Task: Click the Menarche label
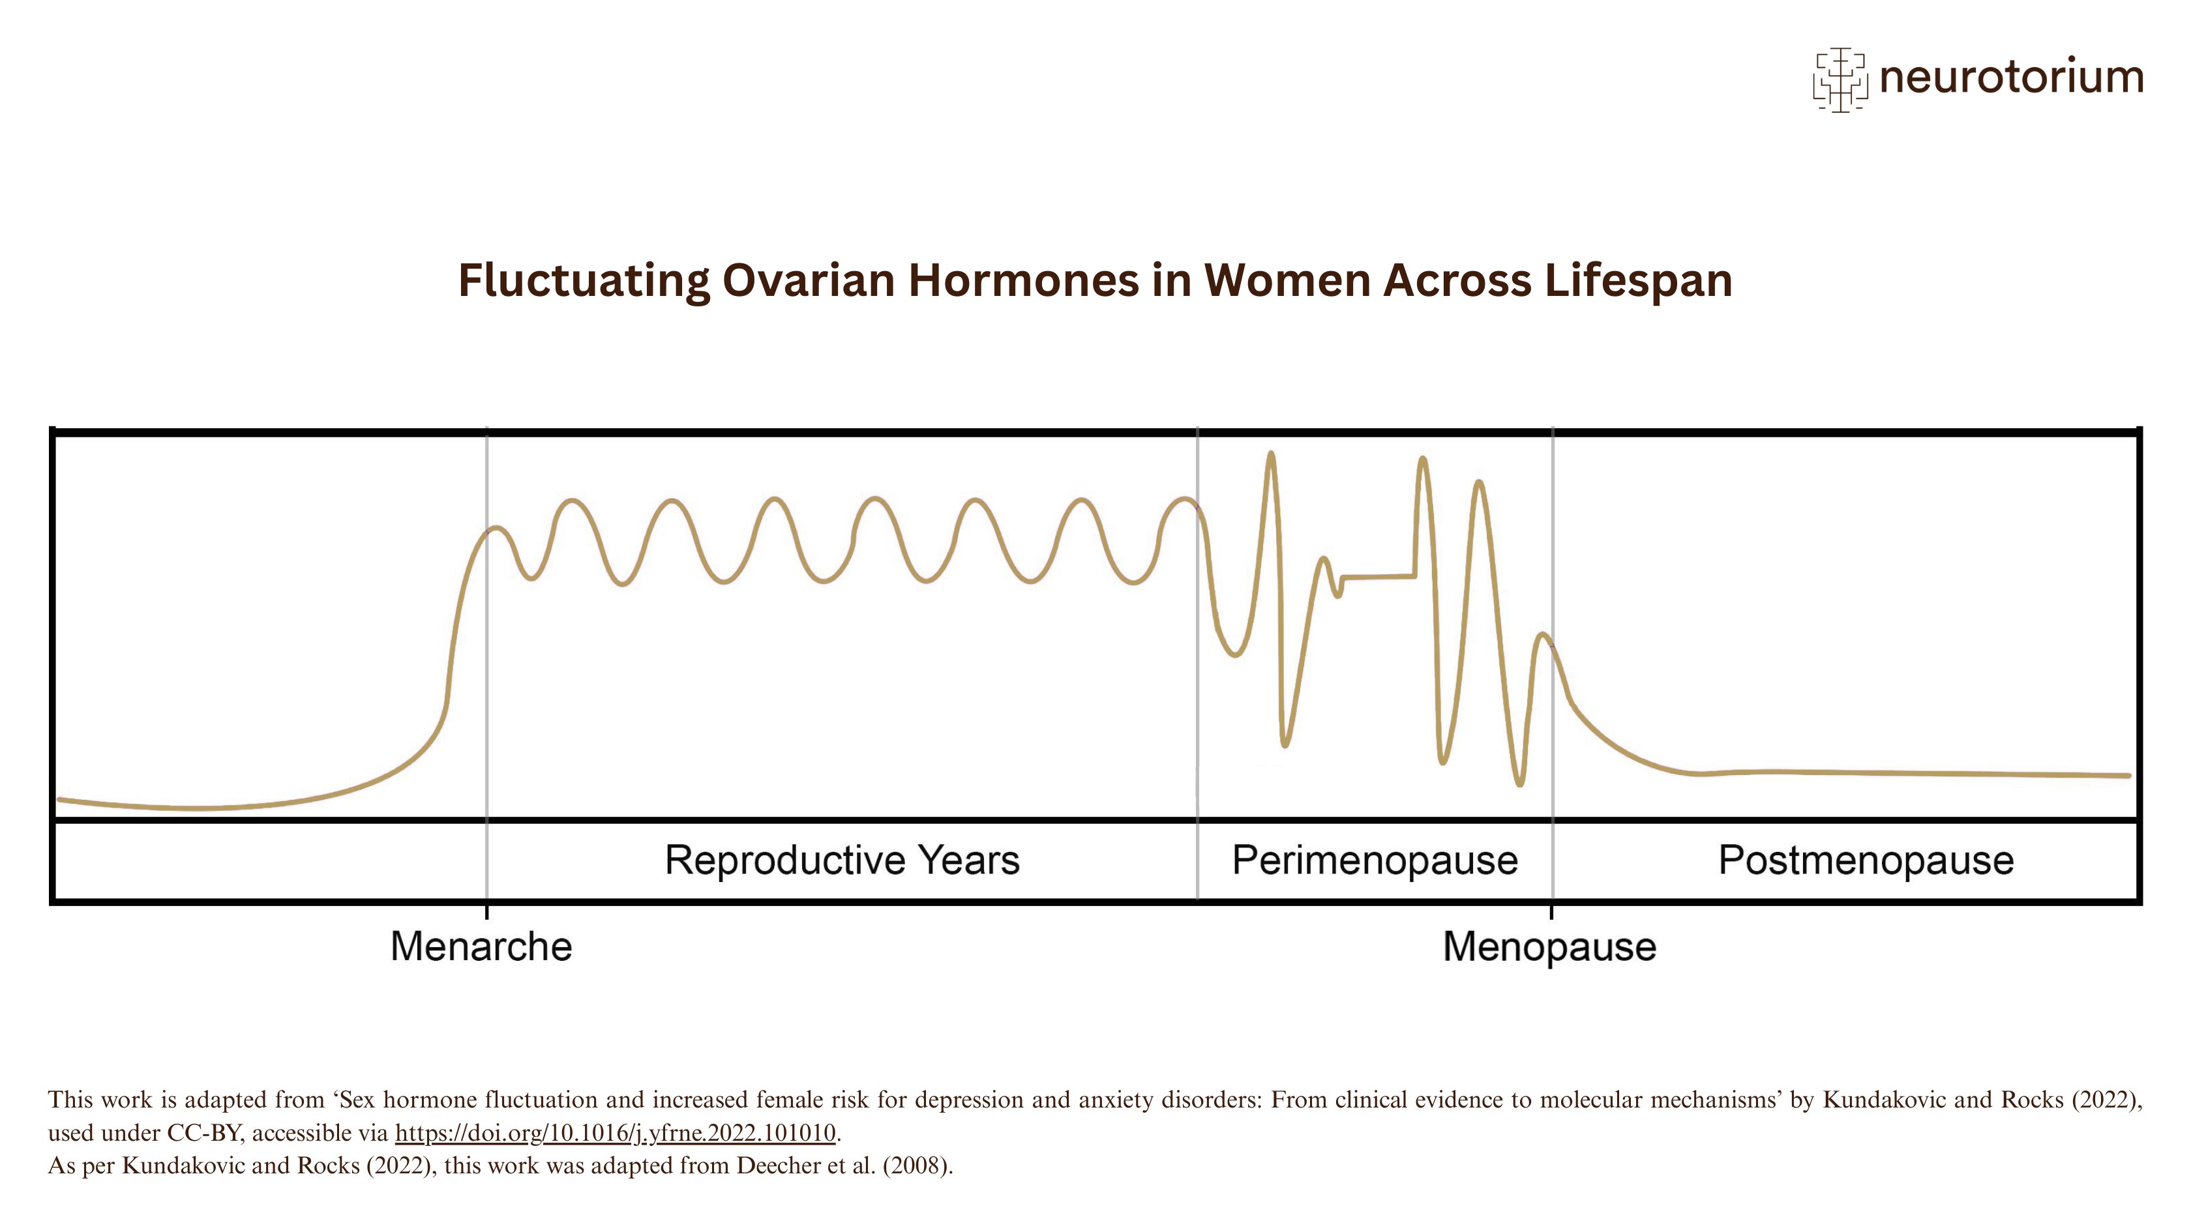[481, 946]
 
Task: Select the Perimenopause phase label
[1375, 860]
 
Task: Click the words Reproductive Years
[842, 860]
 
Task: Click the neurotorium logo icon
[1840, 79]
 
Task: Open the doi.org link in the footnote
[615, 1132]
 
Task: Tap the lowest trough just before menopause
[1520, 783]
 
